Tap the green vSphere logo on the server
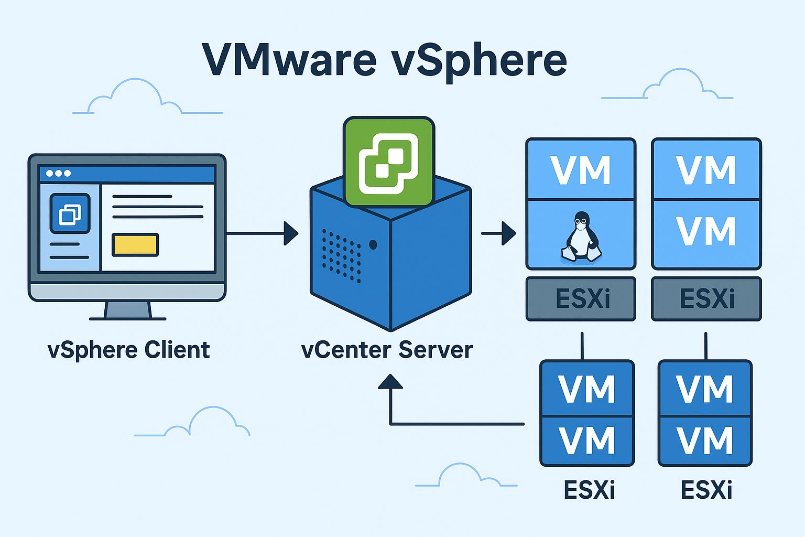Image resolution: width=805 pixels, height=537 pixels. tap(388, 162)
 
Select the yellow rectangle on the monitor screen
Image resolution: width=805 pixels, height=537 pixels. tap(135, 244)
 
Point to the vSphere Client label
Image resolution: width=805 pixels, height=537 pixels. tap(128, 350)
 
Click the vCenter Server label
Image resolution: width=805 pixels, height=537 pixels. tap(387, 350)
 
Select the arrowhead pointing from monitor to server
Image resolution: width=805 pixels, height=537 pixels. tap(291, 233)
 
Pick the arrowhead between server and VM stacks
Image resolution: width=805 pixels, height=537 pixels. tap(508, 233)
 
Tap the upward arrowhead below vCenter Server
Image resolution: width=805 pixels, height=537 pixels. tap(390, 382)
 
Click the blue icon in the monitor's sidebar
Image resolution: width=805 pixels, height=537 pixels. tap(70, 213)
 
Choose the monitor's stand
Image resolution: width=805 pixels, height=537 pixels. tap(128, 310)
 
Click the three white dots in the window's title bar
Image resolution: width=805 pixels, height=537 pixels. tap(58, 173)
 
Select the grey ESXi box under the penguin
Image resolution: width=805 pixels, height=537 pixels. tap(581, 299)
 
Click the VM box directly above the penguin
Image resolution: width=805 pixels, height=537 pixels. tap(581, 169)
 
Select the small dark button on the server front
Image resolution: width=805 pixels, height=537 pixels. tap(373, 244)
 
